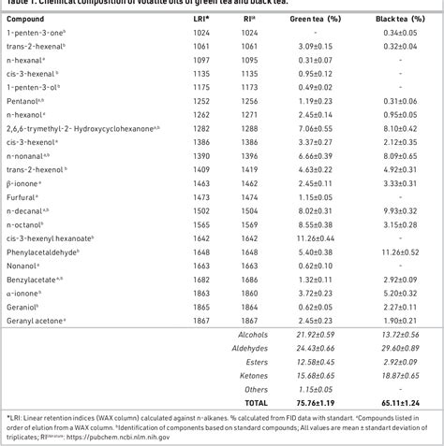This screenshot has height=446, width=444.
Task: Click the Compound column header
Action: (x=25, y=18)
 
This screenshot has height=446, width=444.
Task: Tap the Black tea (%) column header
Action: (x=393, y=18)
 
